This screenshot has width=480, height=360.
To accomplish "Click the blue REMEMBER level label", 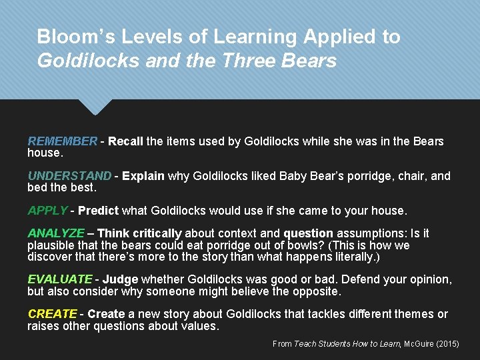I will click(62, 141).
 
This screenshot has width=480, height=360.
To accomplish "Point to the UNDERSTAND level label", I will click(69, 176).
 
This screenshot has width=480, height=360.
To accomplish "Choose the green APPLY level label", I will click(47, 211).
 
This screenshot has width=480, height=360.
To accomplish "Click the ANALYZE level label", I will click(56, 233).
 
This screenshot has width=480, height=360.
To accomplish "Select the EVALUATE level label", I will click(60, 279).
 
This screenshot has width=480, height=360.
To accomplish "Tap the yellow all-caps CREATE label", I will click(53, 314).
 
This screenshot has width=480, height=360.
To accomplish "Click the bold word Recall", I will click(125, 141).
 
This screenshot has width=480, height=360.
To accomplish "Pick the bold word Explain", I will click(143, 176).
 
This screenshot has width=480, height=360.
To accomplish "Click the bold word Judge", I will click(120, 279).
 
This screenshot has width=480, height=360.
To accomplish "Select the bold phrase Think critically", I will click(139, 233).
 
